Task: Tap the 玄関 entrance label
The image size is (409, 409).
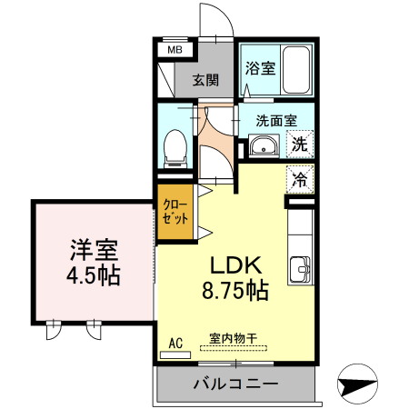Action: coord(205,79)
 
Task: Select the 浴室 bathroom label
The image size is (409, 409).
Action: coord(262,67)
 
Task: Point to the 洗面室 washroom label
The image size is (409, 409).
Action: coord(275,118)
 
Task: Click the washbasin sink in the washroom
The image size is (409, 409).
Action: coord(265,145)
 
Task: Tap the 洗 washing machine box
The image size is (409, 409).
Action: coord(301,143)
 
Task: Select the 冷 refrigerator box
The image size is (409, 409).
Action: coord(300,178)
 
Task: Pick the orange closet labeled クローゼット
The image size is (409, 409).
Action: coord(175,212)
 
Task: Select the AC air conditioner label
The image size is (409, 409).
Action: coord(177,343)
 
